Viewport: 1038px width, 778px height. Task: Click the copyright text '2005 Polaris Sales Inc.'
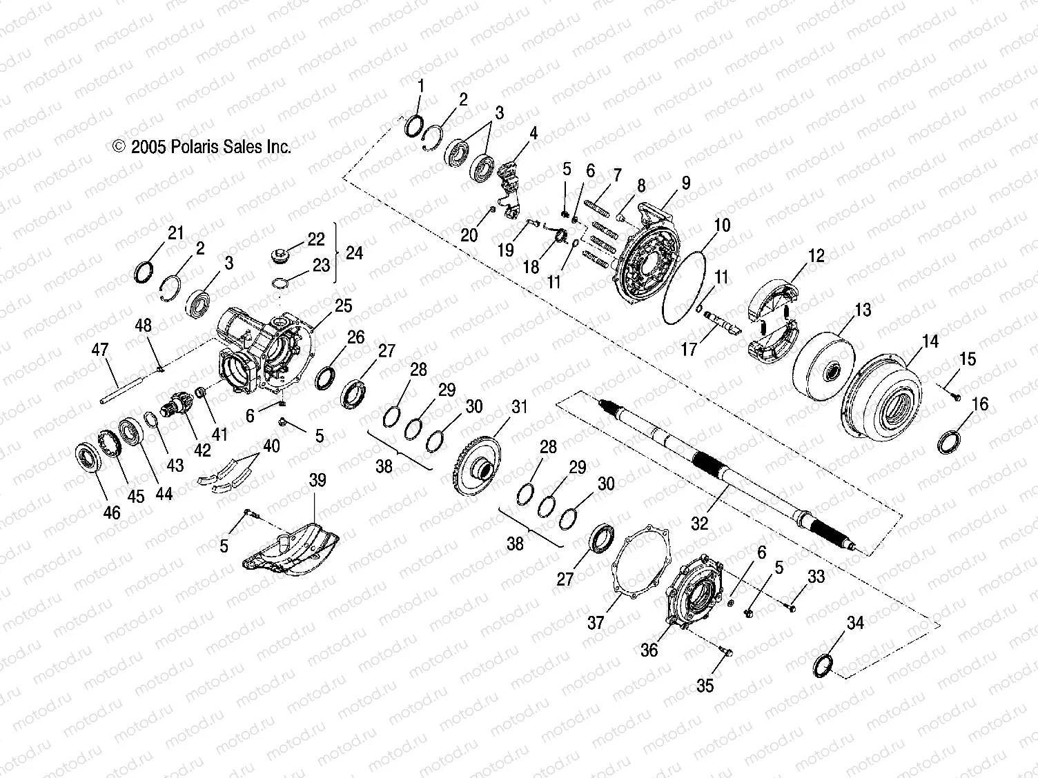coord(202,146)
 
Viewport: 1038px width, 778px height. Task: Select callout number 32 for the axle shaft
coord(699,523)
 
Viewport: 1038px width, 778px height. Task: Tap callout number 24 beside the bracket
coord(353,253)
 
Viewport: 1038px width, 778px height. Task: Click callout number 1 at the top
coord(421,86)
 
